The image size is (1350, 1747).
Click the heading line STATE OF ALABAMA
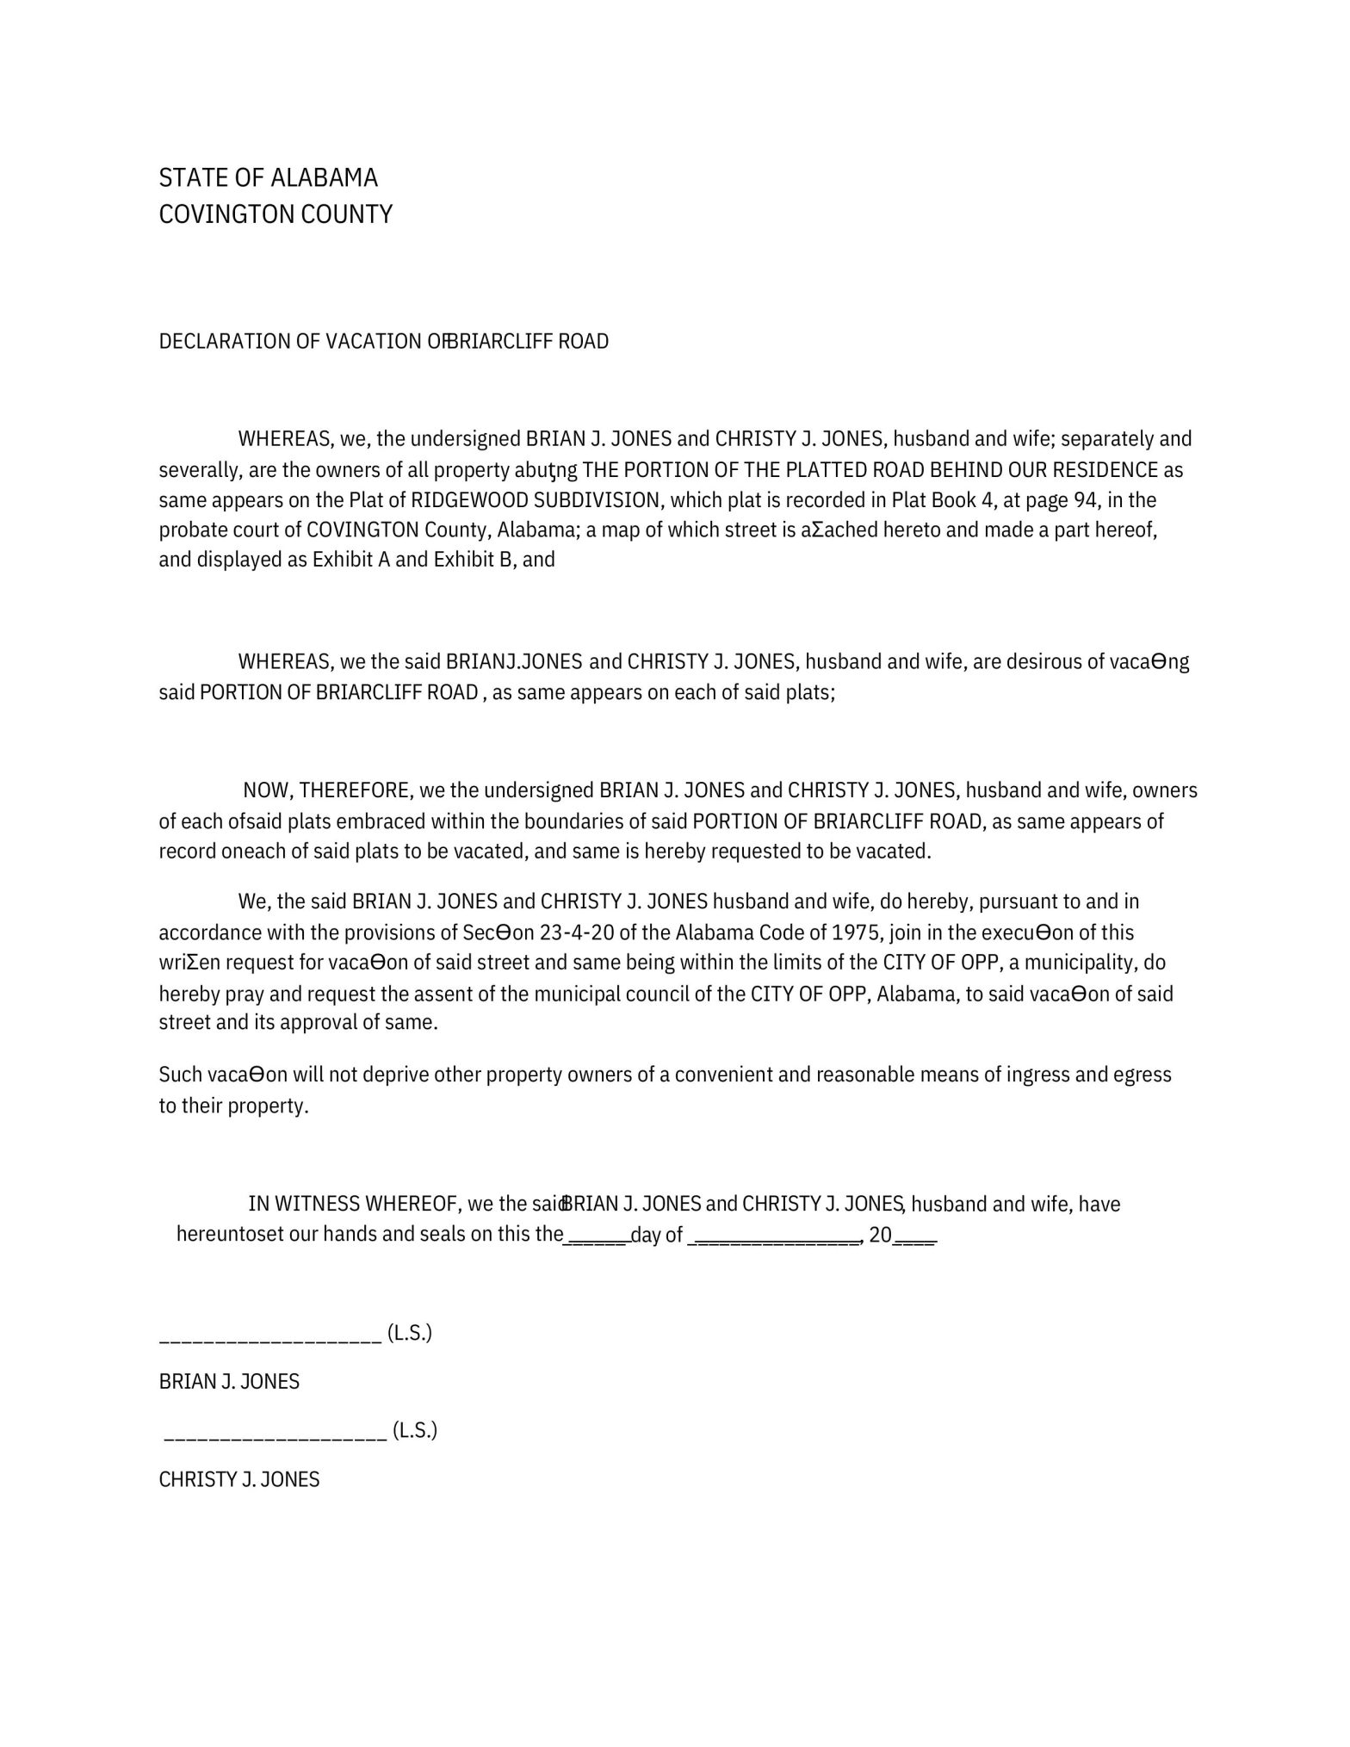pyautogui.click(x=268, y=178)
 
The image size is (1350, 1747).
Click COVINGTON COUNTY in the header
pyautogui.click(x=276, y=214)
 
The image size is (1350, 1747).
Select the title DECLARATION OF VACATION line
pyautogui.click(x=383, y=342)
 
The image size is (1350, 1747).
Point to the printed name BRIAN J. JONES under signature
pyautogui.click(x=229, y=1382)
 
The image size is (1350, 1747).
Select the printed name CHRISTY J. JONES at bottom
pyautogui.click(x=239, y=1479)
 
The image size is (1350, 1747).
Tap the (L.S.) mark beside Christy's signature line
pyautogui.click(x=415, y=1430)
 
